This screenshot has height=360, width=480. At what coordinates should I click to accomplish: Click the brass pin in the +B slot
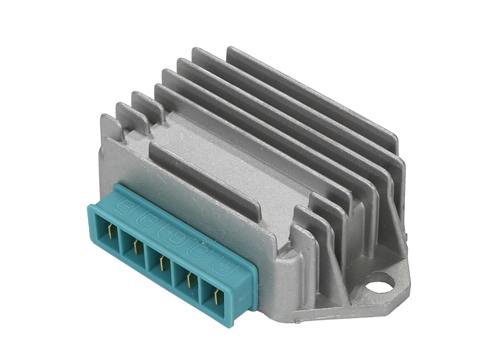[x=163, y=263]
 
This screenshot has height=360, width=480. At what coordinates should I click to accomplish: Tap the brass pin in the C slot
[x=190, y=280]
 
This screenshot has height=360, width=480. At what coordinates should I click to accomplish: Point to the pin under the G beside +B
[x=136, y=247]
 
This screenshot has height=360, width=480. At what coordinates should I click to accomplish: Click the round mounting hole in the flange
[x=381, y=284]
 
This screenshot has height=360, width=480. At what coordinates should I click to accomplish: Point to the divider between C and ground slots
[x=202, y=287]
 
